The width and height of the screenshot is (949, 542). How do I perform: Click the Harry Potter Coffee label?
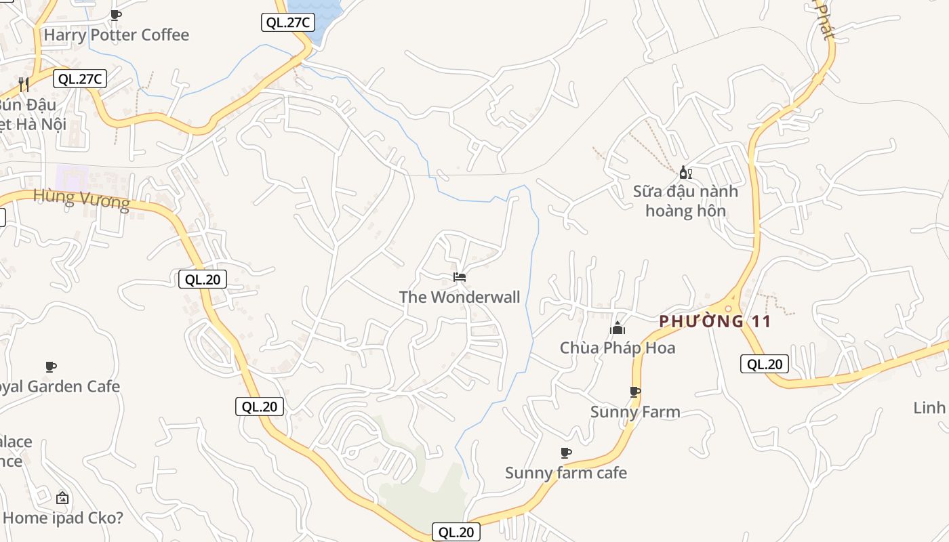116,35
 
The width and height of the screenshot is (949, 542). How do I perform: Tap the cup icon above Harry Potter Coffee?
116,15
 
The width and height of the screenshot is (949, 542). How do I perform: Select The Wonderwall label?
460,297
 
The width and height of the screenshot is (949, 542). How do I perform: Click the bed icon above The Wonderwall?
460,277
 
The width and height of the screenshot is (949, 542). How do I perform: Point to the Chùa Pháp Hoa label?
618,348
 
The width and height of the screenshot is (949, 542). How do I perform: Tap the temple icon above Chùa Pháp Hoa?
618,329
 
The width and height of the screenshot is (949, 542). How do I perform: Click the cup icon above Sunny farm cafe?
566,453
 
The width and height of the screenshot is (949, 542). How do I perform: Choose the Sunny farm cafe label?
566,472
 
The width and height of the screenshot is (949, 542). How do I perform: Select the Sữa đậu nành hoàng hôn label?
685,201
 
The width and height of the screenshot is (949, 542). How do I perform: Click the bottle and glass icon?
685,173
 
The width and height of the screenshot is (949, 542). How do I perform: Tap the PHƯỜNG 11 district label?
715,321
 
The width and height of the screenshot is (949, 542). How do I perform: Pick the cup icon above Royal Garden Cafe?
50,367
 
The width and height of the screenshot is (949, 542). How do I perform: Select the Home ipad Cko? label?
63,518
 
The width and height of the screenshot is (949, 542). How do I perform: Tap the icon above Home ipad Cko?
62,498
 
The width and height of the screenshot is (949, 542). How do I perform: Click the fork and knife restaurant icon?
24,84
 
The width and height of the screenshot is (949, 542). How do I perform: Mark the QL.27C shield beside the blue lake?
287,22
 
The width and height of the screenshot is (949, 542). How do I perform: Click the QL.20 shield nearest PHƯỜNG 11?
765,364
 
